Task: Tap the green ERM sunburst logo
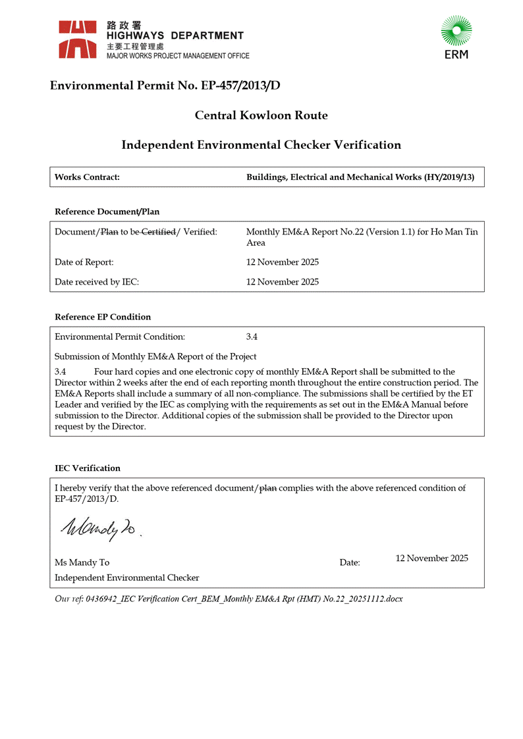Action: [456, 32]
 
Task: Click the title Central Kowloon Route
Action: [261, 116]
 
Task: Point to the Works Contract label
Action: [87, 177]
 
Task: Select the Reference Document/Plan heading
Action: [107, 211]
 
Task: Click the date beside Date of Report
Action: [282, 262]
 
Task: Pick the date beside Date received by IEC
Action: [282, 282]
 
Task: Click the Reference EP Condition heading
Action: [103, 317]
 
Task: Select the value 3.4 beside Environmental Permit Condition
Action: [252, 337]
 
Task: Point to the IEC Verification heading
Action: [88, 468]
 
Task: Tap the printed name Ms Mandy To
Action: [82, 562]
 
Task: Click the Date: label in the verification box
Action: [350, 562]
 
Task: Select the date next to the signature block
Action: [431, 558]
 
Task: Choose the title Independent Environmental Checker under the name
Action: [126, 578]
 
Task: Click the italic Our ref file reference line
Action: [229, 599]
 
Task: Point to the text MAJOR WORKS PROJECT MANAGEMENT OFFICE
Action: [178, 56]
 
